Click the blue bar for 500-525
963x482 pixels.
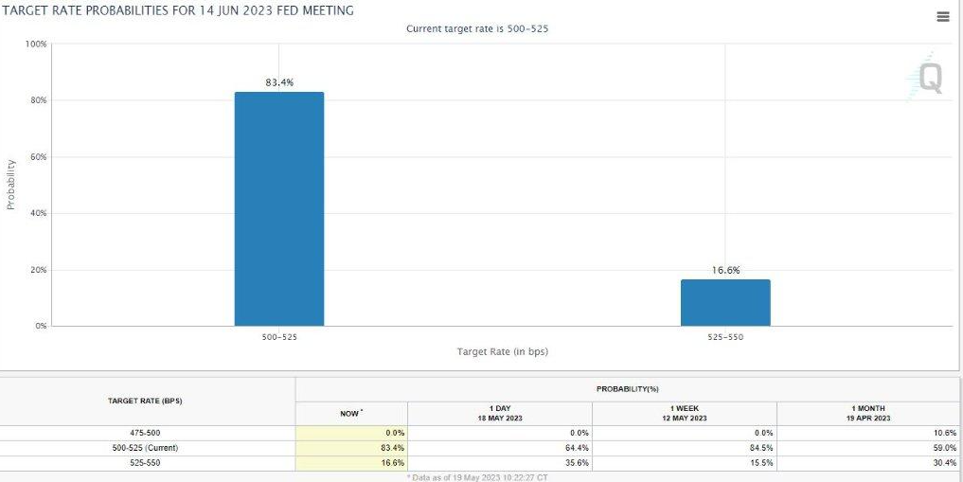click(x=279, y=208)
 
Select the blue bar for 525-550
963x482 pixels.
click(x=725, y=302)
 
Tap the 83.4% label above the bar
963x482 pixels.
click(x=279, y=82)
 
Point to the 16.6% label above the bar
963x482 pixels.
click(x=725, y=270)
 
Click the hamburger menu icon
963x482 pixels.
click(x=942, y=17)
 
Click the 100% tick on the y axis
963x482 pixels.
click(x=36, y=45)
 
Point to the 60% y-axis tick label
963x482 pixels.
click(x=38, y=156)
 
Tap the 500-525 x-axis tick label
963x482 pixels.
click(x=279, y=335)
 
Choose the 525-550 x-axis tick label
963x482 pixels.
click(x=725, y=335)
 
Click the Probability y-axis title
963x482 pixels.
click(x=11, y=184)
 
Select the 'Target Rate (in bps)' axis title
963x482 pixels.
click(x=502, y=351)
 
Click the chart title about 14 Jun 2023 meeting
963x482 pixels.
click(x=179, y=10)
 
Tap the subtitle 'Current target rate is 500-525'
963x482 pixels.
click(x=477, y=28)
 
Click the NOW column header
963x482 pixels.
click(x=350, y=413)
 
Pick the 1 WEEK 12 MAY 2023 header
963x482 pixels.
click(x=684, y=413)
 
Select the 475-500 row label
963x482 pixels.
click(x=145, y=433)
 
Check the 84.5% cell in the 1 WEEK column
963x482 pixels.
click(x=761, y=448)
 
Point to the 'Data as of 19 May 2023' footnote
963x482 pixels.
click(x=478, y=476)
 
